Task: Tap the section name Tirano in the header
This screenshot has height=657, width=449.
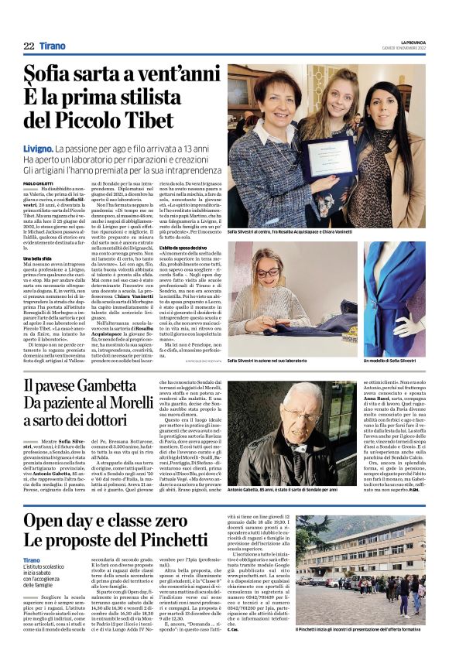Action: [55, 46]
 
